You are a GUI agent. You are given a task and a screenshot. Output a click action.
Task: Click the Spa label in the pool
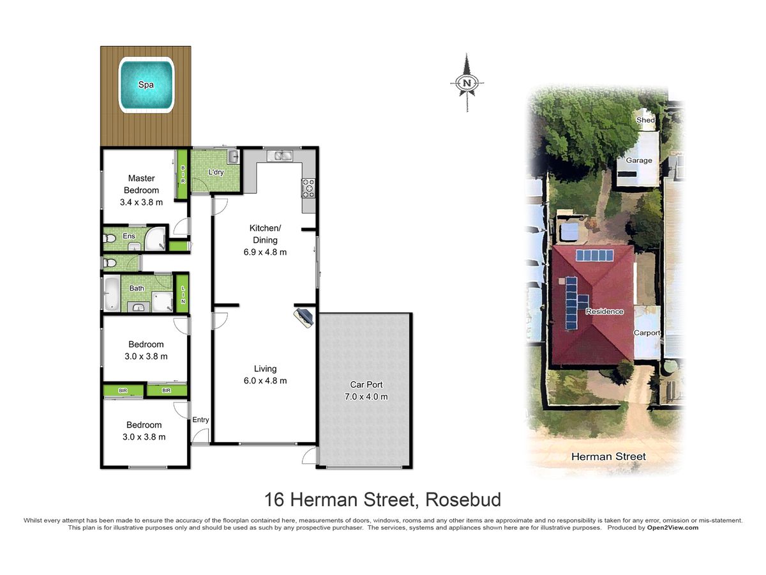146,84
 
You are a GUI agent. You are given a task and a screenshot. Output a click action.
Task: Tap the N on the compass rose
467,83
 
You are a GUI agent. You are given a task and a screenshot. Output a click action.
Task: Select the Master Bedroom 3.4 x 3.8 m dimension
141,202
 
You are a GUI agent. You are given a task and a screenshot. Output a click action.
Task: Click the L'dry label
216,172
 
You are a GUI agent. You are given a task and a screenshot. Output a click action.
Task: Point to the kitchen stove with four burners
308,188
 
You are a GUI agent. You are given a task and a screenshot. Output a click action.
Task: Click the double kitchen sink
280,155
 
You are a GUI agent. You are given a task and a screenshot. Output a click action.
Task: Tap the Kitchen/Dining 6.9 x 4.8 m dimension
265,252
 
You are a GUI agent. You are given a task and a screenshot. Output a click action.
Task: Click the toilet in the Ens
109,238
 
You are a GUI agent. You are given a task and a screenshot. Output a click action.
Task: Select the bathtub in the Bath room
111,293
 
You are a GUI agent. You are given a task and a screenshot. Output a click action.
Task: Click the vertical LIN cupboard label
183,295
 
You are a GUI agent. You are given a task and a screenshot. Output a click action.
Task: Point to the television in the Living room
304,318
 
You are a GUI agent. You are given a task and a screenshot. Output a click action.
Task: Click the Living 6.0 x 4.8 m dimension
265,381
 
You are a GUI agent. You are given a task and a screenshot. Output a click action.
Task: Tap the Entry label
200,420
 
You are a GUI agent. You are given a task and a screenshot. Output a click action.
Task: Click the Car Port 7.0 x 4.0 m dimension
366,397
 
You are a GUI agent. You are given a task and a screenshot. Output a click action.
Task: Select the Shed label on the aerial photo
645,119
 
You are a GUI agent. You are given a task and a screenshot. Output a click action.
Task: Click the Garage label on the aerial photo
639,160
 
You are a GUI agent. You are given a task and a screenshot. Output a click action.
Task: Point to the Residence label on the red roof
605,311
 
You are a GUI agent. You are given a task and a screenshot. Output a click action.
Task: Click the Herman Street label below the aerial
608,456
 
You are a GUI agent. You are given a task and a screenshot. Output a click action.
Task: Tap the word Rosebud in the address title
463,499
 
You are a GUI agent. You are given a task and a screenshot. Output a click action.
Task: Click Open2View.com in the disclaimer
673,528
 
